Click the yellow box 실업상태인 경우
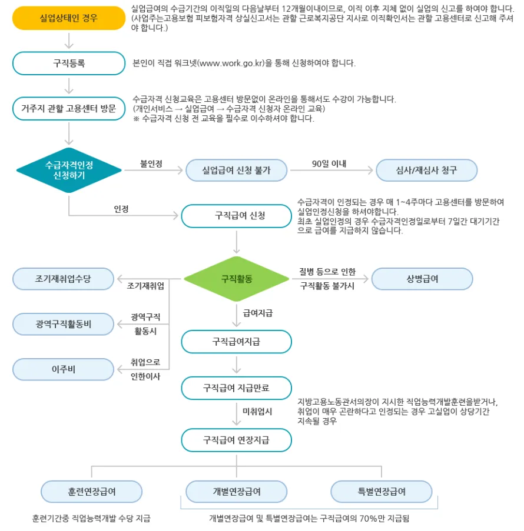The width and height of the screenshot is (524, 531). (69, 18)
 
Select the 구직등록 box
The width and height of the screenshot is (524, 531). (69, 64)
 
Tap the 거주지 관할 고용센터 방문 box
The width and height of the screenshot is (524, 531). (69, 109)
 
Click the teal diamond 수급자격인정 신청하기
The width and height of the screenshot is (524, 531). (69, 170)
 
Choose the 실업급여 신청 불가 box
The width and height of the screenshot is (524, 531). (236, 170)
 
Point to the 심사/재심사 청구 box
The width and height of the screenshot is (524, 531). (426, 170)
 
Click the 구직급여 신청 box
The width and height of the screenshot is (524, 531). (236, 216)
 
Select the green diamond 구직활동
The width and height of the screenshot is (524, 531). (237, 278)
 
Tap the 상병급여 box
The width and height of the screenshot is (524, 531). (422, 279)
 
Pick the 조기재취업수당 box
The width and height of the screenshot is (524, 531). (63, 279)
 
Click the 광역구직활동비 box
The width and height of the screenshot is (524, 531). (63, 323)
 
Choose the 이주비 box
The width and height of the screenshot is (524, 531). (63, 369)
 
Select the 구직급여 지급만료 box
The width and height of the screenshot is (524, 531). (236, 388)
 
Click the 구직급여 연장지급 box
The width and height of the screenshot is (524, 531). (236, 440)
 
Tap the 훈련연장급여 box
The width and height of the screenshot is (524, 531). (91, 492)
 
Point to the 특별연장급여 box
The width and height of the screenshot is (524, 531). (381, 492)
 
